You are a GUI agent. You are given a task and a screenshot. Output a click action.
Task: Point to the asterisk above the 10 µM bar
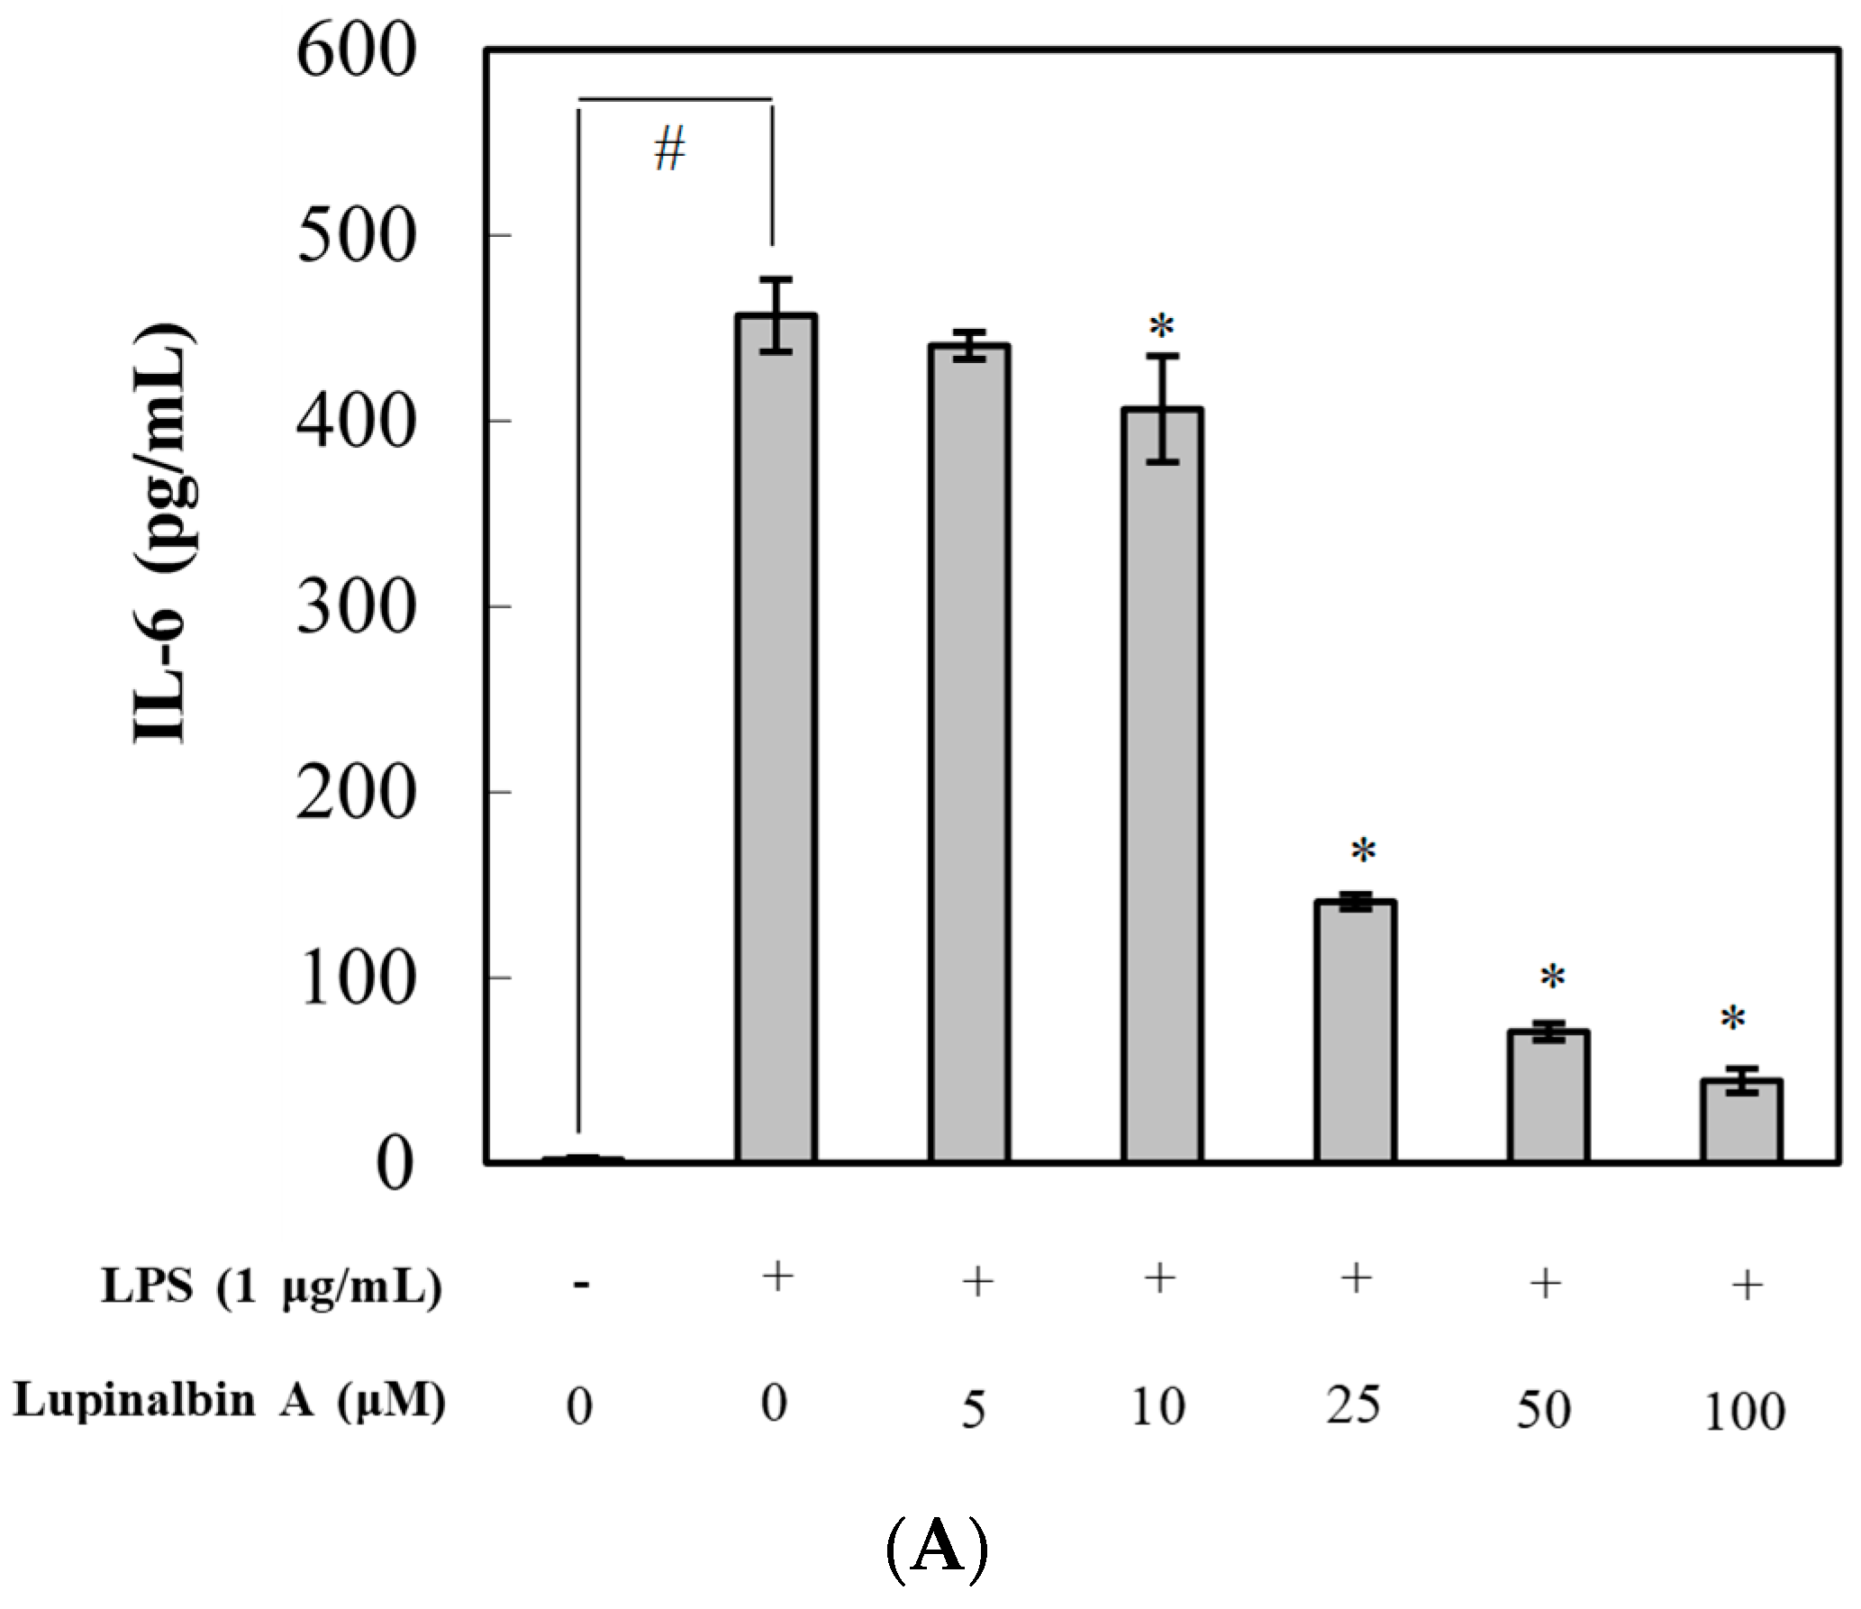tap(1162, 326)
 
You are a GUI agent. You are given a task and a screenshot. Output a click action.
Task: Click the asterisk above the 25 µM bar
tap(1363, 851)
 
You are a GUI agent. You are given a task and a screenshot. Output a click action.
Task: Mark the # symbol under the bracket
tap(669, 150)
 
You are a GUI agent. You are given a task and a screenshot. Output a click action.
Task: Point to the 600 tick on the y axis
tap(356, 51)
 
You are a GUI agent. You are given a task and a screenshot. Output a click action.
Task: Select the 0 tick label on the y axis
tap(395, 1165)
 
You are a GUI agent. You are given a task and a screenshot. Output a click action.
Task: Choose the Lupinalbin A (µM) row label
tap(230, 1402)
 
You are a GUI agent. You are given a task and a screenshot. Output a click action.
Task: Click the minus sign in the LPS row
tap(581, 1285)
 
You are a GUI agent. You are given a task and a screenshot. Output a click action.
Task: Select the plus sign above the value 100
tap(1746, 1285)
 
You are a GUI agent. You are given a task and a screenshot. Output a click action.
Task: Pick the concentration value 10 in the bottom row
tap(1157, 1406)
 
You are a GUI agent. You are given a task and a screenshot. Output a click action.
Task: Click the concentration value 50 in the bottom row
tap(1543, 1410)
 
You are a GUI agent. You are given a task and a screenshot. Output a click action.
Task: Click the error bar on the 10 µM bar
tap(1162, 407)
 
